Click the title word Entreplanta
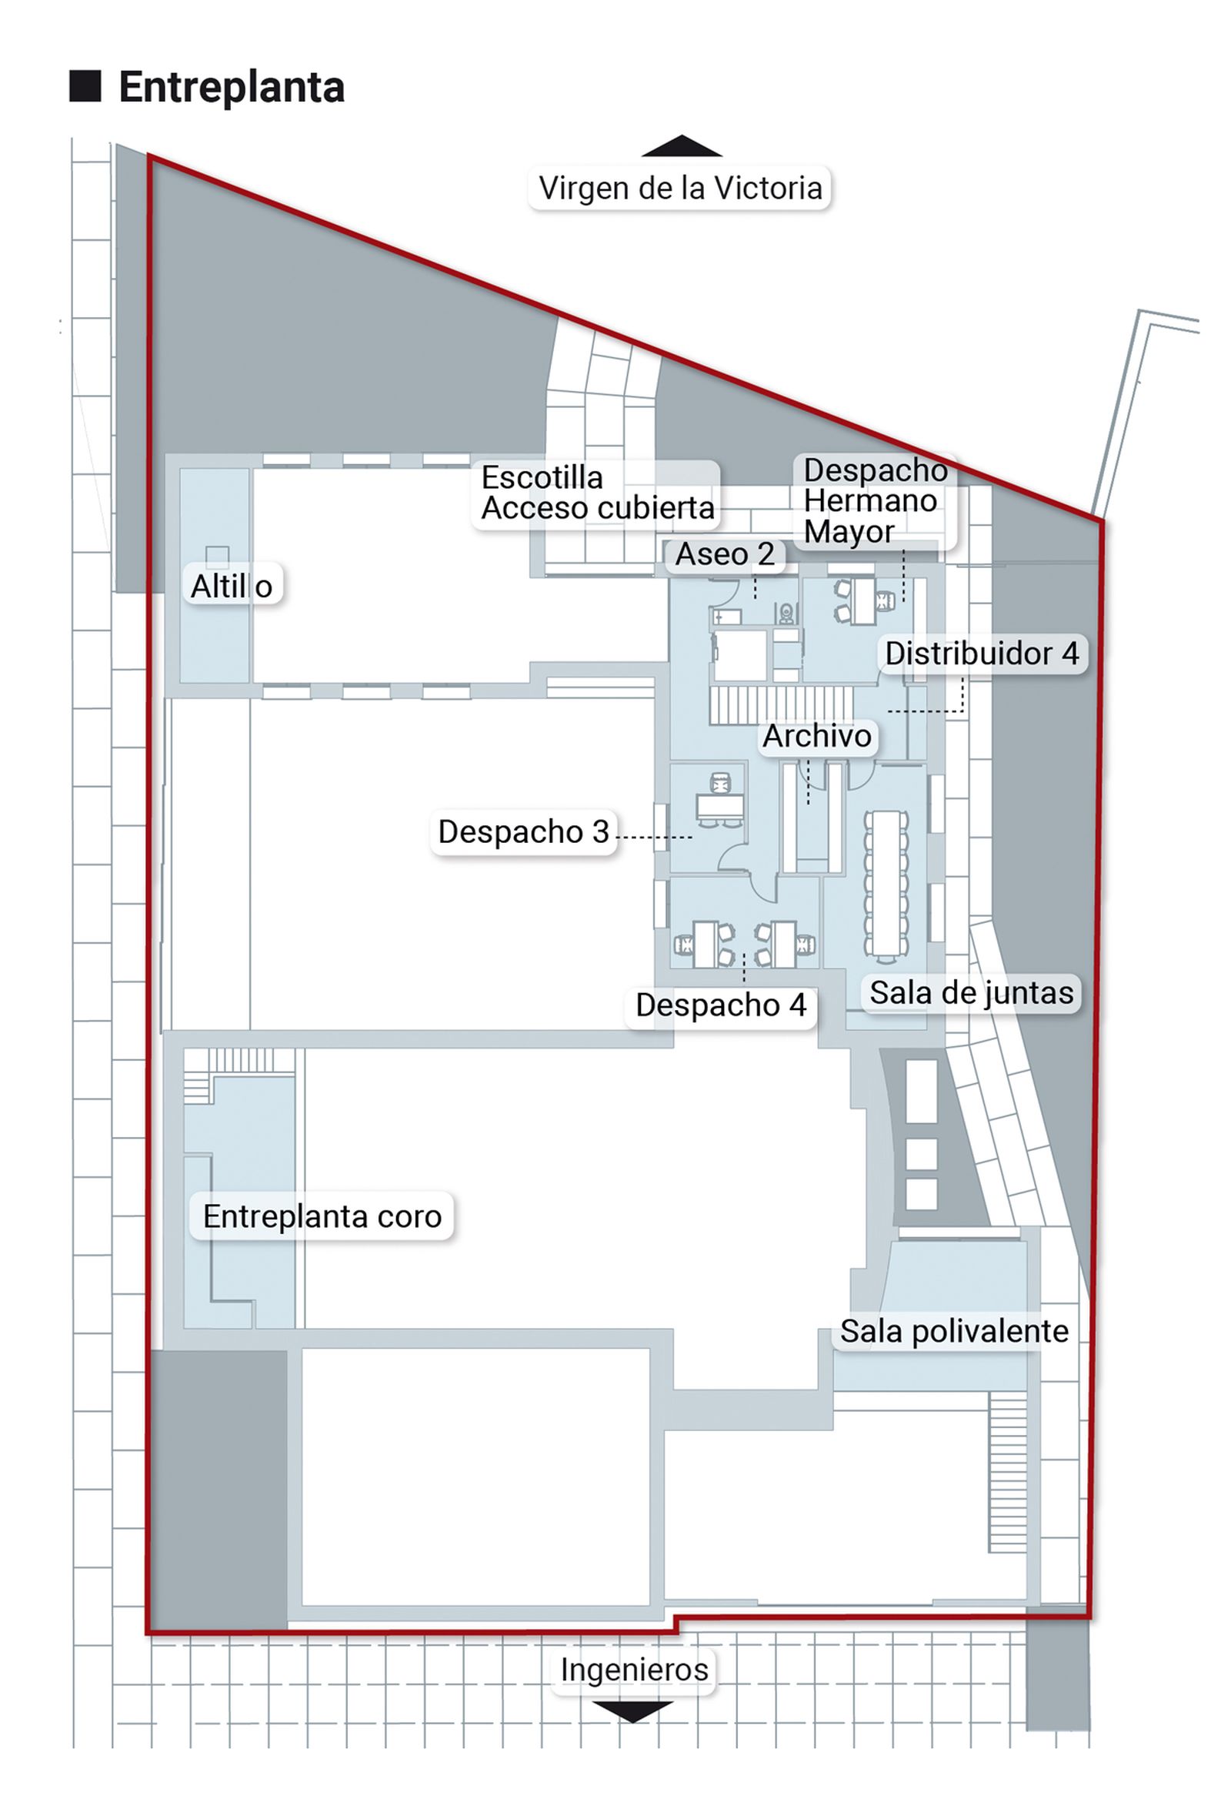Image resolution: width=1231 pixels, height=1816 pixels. [x=232, y=87]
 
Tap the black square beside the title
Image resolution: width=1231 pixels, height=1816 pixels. [x=85, y=86]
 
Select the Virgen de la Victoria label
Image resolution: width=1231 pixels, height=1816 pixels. [x=679, y=188]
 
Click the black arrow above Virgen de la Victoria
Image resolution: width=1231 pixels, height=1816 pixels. [x=681, y=146]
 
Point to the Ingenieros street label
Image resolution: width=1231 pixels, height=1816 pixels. [x=633, y=1669]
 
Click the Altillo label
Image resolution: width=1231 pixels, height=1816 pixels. [x=232, y=585]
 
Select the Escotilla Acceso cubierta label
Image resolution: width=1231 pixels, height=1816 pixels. [x=598, y=492]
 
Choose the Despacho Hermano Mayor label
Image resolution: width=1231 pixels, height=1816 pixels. [x=875, y=500]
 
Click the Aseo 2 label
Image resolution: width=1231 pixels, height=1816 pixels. [x=724, y=554]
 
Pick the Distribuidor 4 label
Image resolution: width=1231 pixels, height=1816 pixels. [x=982, y=654]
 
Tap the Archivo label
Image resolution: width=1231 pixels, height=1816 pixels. [x=817, y=735]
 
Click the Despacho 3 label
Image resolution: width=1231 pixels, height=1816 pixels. [x=523, y=831]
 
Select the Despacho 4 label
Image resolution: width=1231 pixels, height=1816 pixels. [x=720, y=1005]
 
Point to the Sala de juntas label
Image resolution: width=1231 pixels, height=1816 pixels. [x=971, y=992]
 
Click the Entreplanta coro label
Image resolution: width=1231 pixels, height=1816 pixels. [x=322, y=1216]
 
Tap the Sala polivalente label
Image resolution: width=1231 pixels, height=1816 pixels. [x=954, y=1331]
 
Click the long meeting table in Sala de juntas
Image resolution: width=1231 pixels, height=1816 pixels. [x=886, y=883]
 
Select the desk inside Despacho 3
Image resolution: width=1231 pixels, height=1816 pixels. [x=720, y=805]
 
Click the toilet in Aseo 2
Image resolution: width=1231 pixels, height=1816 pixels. [x=786, y=612]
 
